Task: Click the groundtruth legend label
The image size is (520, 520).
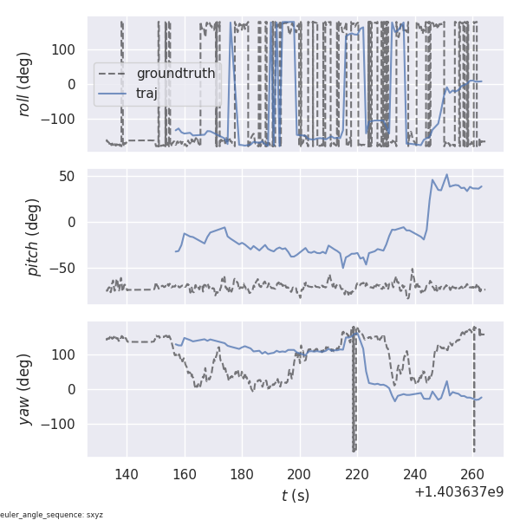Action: coord(175,74)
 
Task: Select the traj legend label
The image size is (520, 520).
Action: coord(146,94)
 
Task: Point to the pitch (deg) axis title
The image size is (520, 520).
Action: coord(33,237)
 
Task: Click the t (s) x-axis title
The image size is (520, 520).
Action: coord(295,496)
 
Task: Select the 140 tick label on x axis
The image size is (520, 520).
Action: coord(127,474)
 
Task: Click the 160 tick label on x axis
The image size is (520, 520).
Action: coord(184,474)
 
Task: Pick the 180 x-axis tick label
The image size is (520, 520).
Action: coord(242,474)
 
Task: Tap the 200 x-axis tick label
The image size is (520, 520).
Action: coord(299,474)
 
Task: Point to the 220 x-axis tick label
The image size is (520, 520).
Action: coord(357,474)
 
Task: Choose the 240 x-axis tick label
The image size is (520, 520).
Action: coord(415,474)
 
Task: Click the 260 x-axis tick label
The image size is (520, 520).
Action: coord(472,474)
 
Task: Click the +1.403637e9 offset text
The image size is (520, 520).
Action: coord(458,492)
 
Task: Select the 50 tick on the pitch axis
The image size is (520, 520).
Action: coord(68,176)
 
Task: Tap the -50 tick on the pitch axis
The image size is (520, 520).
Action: coord(63,267)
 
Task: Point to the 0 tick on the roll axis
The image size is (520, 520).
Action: coord(74,84)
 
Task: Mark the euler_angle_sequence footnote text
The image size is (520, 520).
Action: coord(52,515)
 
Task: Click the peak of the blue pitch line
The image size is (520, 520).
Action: coord(447,174)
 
